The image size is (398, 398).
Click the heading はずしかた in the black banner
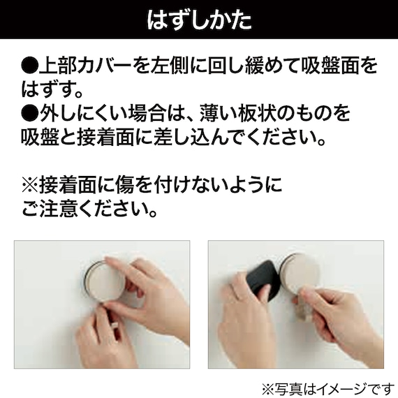[199, 20]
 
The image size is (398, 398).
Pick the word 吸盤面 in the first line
[330, 66]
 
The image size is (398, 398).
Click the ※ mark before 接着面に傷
[30, 184]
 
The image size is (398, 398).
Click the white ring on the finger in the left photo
[115, 325]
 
